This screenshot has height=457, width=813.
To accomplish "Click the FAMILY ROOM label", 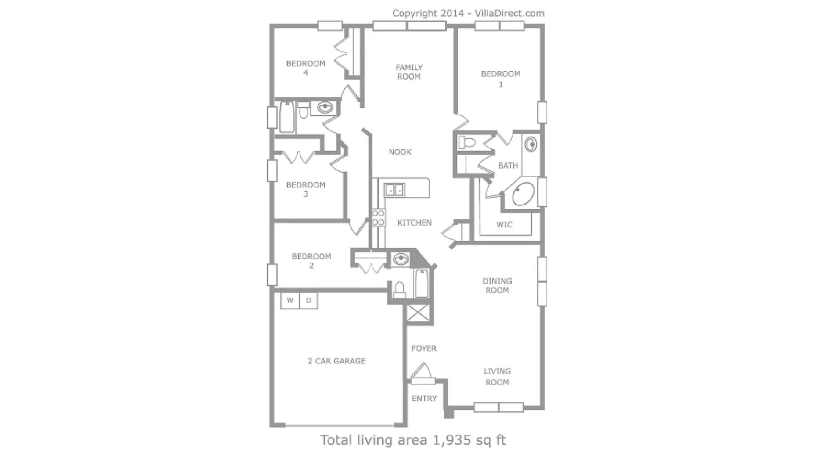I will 409,72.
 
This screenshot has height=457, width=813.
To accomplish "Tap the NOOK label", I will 400,152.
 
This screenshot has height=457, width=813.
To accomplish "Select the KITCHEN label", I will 414,223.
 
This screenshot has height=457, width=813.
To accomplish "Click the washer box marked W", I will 290,301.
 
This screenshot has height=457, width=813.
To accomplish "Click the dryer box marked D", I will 308,301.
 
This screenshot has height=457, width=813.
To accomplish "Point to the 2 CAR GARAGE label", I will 336,361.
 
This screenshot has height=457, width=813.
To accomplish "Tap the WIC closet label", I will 504,224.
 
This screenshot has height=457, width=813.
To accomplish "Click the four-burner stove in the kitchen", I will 378,218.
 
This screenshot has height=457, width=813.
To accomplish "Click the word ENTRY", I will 424,399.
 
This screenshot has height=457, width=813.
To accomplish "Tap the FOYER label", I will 424,348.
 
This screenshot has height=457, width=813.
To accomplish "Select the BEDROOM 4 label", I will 305,68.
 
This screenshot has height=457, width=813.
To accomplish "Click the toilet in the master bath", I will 466,142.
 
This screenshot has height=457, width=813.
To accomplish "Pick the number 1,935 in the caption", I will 452,440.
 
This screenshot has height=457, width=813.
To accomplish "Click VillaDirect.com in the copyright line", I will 509,13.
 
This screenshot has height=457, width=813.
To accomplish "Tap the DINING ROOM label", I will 497,285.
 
